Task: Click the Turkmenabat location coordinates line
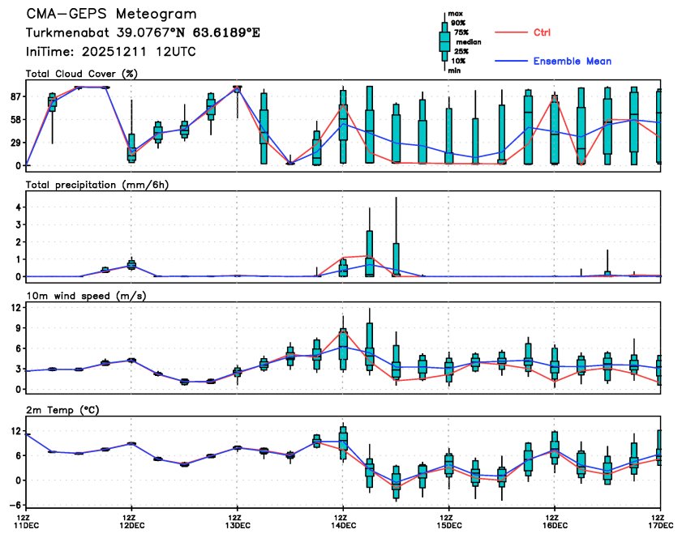[143, 33]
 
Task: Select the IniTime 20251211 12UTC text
[110, 51]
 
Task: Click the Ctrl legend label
[543, 32]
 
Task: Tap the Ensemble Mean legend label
[572, 61]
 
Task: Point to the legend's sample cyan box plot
[444, 41]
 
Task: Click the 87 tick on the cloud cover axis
[15, 96]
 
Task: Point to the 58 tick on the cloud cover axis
[15, 120]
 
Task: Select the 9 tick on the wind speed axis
[18, 329]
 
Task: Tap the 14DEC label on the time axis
[343, 526]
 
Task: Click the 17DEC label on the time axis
[661, 526]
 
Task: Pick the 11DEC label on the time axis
[27, 526]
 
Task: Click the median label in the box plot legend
[469, 41]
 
